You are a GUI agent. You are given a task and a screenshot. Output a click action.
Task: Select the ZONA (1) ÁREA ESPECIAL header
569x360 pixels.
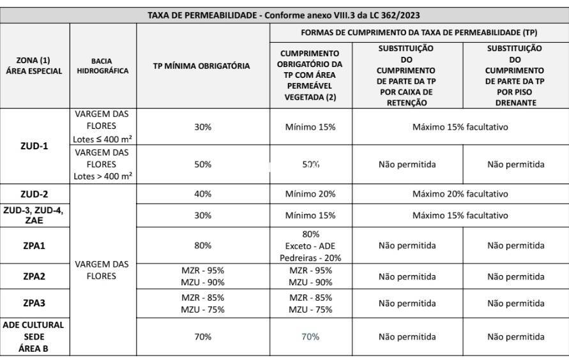tap(34, 66)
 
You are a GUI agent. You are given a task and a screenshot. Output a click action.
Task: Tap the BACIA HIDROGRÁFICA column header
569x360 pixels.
tap(102, 66)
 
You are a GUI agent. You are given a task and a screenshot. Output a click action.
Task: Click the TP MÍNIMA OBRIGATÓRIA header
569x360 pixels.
tap(202, 66)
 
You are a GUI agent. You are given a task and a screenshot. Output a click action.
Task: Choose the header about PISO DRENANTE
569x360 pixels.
tap(515, 75)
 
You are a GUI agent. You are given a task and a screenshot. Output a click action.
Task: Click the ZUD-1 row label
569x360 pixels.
tap(34, 146)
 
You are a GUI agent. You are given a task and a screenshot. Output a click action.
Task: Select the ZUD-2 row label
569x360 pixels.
tap(34, 194)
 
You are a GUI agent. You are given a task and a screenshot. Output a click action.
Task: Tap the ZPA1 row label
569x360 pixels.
tap(34, 245)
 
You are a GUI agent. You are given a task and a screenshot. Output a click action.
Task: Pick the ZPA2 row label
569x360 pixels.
tap(34, 276)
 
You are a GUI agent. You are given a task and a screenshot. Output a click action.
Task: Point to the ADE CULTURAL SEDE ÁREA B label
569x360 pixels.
tap(34, 336)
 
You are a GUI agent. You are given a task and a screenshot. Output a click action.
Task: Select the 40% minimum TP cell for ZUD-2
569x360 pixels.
tap(202, 194)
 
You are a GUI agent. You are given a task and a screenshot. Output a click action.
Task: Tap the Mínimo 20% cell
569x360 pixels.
tap(310, 194)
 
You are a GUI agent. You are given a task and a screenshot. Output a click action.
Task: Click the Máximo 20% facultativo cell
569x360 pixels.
tap(460, 194)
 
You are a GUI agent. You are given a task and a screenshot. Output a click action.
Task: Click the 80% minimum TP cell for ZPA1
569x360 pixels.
tap(202, 245)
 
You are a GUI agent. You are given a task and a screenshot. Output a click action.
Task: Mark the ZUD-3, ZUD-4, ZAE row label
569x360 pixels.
tap(34, 215)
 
